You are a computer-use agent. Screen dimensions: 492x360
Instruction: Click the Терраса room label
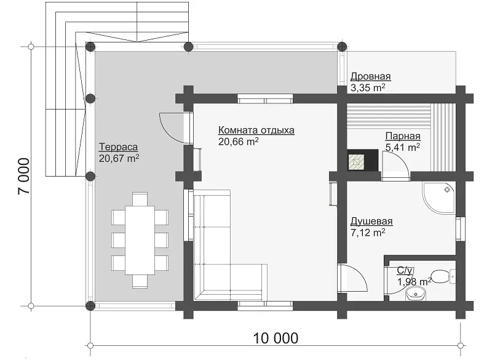pyautogui.click(x=118, y=147)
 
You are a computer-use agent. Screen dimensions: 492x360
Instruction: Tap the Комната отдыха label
pyautogui.click(x=256, y=130)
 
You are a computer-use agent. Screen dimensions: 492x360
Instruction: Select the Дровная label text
pyautogui.click(x=371, y=76)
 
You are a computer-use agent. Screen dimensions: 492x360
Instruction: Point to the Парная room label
pyautogui.click(x=403, y=136)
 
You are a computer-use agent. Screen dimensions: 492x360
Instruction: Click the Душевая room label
pyautogui.click(x=371, y=222)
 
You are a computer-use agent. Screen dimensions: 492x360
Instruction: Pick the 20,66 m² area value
pyautogui.click(x=239, y=142)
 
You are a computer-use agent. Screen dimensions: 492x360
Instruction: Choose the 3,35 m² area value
pyautogui.click(x=368, y=87)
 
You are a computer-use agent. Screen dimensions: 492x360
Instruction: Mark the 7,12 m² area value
pyautogui.click(x=368, y=233)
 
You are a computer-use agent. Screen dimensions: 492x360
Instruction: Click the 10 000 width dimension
pyautogui.click(x=276, y=338)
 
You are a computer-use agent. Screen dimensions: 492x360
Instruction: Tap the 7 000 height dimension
pyautogui.click(x=24, y=176)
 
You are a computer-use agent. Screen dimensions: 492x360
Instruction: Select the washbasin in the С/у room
pyautogui.click(x=416, y=294)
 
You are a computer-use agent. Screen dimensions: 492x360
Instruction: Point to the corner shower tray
pyautogui.click(x=438, y=198)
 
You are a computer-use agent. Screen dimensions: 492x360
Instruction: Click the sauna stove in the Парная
pyautogui.click(x=362, y=161)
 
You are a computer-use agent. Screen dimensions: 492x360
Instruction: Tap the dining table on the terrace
pyautogui.click(x=140, y=240)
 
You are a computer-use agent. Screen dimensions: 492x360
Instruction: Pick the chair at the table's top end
pyautogui.click(x=140, y=199)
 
